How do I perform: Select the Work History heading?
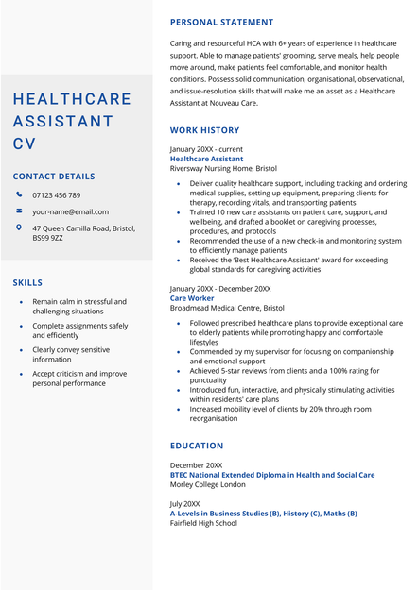pos(204,130)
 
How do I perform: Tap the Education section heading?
pos(197,446)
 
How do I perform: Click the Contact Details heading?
pos(54,177)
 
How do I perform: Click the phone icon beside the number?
pos(19,194)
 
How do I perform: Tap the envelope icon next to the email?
pos(19,211)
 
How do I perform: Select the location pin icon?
pos(19,228)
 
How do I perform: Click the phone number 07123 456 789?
pos(56,195)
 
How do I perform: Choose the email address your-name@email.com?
pos(70,212)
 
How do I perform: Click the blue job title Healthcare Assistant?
pos(206,160)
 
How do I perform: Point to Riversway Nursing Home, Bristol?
pos(223,169)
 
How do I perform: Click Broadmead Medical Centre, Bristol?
pos(227,308)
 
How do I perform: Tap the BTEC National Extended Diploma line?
pos(272,475)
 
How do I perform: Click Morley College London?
pos(207,484)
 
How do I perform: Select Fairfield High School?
pos(203,523)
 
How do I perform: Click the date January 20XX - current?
pos(206,150)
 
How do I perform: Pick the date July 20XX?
pos(184,504)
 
